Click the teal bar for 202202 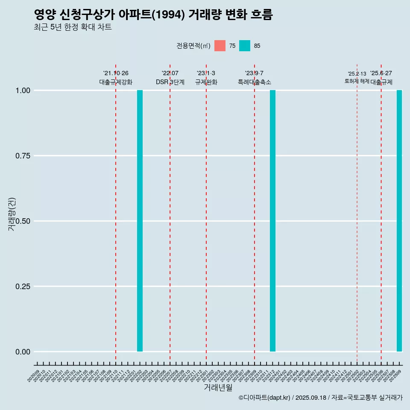[x=140, y=221]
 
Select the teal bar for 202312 [x=272, y=221]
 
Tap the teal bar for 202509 [x=399, y=221]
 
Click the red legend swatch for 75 [x=220, y=46]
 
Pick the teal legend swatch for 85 [x=245, y=46]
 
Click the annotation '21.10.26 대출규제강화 [x=116, y=78]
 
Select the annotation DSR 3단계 [x=170, y=82]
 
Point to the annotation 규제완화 [x=206, y=82]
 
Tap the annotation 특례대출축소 [x=255, y=82]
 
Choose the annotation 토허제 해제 [x=357, y=81]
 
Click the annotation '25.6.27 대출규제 [x=381, y=78]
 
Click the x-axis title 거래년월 [x=218, y=387]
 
